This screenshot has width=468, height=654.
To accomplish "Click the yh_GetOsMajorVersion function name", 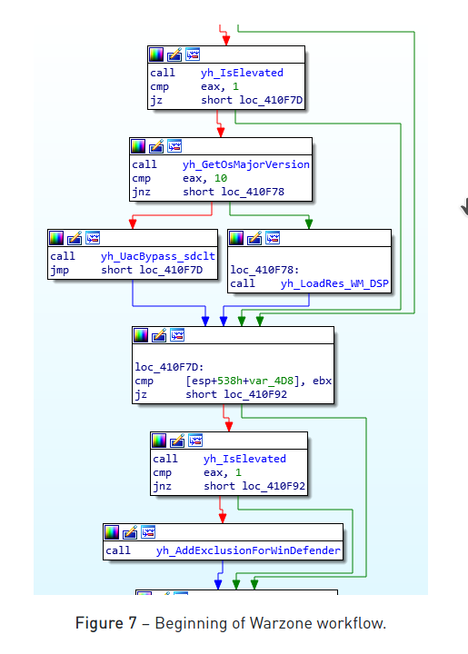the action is (x=246, y=164).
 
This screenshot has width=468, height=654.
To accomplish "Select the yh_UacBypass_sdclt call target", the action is (x=158, y=256).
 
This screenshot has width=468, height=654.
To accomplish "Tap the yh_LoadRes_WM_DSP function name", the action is (x=335, y=283).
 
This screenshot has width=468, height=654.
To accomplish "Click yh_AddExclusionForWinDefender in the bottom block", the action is (x=249, y=550).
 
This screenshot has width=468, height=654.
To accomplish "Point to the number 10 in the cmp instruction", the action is (x=221, y=179).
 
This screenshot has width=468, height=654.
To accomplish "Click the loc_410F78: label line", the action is (x=264, y=270).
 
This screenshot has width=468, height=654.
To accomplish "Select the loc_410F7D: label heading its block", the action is (x=169, y=367).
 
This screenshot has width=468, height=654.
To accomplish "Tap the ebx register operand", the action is (x=322, y=381).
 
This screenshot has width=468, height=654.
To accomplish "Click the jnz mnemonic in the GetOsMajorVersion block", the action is (x=142, y=193).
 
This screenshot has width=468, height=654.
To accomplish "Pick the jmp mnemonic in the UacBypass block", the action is (x=60, y=271).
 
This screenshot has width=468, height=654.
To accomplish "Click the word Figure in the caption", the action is (x=100, y=623).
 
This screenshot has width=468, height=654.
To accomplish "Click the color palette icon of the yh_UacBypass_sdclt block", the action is (x=56, y=238).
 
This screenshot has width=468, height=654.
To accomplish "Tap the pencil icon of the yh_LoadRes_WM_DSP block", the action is (x=254, y=238).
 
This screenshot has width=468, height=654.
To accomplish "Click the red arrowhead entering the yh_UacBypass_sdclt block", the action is (x=133, y=224).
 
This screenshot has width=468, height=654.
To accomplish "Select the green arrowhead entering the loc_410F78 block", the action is (x=309, y=224).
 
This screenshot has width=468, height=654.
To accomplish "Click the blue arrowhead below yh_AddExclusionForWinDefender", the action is (x=218, y=584).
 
